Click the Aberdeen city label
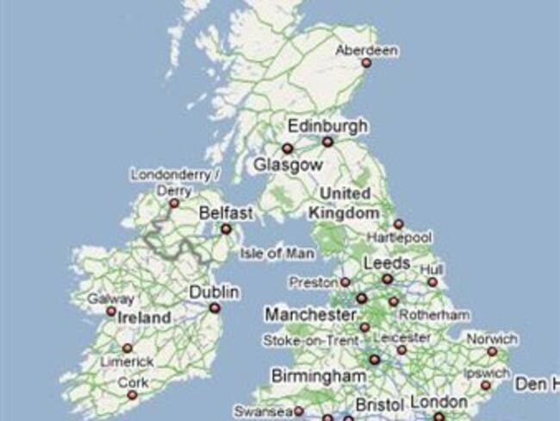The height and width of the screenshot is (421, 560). (x=366, y=50)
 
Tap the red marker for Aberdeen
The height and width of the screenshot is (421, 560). (x=366, y=63)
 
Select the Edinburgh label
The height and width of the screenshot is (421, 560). (x=327, y=126)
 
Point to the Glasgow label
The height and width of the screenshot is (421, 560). (x=288, y=164)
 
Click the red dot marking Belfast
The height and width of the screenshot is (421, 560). (x=227, y=229)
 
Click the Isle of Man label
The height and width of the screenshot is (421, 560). (x=277, y=254)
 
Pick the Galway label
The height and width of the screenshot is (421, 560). (x=111, y=298)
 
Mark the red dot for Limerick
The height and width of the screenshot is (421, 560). (x=128, y=348)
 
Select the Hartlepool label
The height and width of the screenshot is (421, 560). (x=398, y=236)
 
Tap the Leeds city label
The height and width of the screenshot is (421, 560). (x=386, y=261)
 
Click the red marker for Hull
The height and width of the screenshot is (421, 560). (x=432, y=282)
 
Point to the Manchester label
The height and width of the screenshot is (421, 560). (x=310, y=314)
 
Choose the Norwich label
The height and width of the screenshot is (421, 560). (x=491, y=339)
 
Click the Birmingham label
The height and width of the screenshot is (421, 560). (x=318, y=375)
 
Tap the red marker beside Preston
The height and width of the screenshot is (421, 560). (x=345, y=282)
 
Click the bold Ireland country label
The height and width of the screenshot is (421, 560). (x=144, y=317)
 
